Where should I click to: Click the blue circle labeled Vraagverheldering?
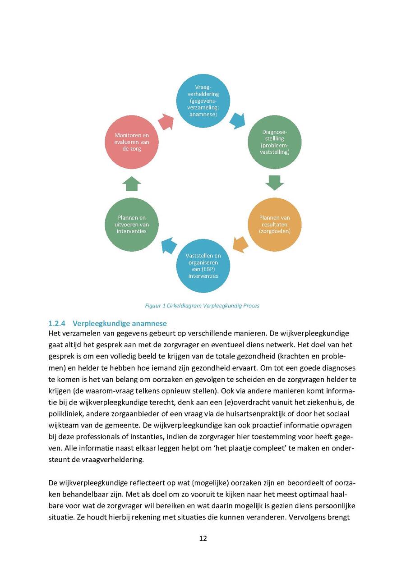click(203, 101)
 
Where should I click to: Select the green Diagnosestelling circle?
click(275, 142)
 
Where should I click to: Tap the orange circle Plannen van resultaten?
click(275, 224)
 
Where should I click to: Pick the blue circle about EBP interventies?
click(203, 266)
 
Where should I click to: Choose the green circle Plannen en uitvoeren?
click(131, 224)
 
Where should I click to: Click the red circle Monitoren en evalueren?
click(131, 142)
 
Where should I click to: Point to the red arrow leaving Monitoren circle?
click(166, 121)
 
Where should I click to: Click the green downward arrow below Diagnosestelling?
click(275, 183)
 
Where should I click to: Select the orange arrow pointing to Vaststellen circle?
click(241, 244)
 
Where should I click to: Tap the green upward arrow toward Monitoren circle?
click(131, 184)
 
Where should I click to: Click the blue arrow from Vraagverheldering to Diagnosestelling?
click(237, 120)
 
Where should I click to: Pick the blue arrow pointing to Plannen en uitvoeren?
click(169, 246)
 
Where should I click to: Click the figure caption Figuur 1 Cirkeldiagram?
click(202, 306)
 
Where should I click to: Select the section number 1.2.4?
click(57, 323)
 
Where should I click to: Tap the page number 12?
click(203, 538)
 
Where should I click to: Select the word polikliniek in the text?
click(66, 414)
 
